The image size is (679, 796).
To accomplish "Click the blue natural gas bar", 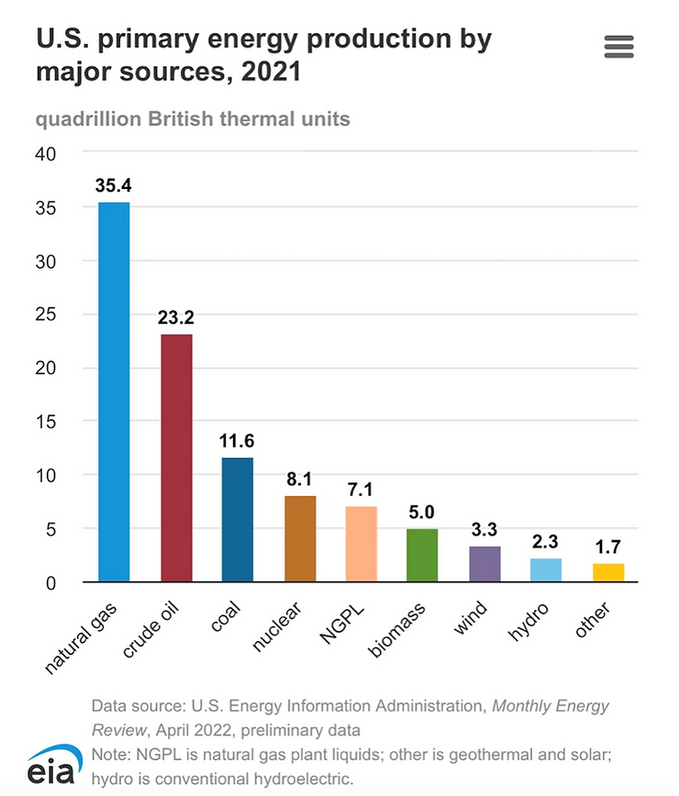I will pos(114,392).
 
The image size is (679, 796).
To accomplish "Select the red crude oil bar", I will pos(176,458).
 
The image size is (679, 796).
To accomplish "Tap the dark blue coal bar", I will pos(238,519).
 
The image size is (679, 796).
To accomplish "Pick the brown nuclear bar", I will pos(300,538).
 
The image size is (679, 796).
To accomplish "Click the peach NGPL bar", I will pos(362,544).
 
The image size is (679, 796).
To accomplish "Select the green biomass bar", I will pos(422,555).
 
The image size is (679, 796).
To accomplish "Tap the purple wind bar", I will pos(484,564).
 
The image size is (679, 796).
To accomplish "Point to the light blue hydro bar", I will pos(546,569).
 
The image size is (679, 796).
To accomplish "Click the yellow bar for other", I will pos(608,572).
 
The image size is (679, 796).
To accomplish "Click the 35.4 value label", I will pos(114,186).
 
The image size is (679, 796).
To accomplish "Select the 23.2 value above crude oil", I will pos(176,317).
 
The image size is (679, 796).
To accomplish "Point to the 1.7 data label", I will pos(608,547).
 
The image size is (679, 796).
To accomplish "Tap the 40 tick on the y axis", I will pos(46,154).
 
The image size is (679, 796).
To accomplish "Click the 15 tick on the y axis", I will pos(46,422).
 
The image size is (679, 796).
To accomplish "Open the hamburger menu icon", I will pos(619,47).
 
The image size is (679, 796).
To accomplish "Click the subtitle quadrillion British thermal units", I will pos(193,119).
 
